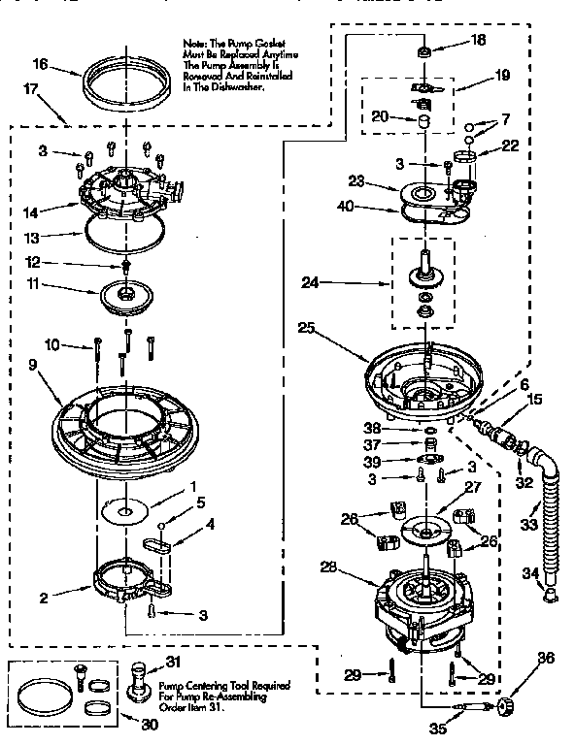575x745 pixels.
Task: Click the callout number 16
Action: (39, 64)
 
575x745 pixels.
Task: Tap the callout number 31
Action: (173, 662)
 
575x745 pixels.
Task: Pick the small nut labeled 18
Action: (424, 51)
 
